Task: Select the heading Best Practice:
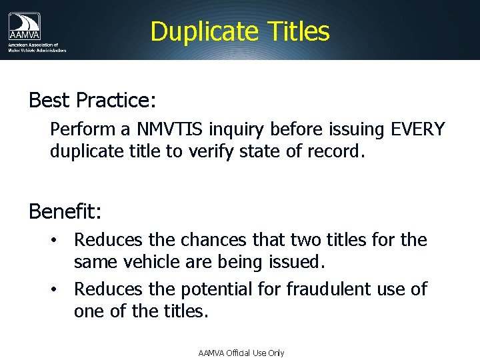click(x=92, y=100)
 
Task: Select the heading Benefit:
click(x=65, y=211)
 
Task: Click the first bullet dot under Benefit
click(x=59, y=240)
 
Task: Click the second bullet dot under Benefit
click(x=59, y=289)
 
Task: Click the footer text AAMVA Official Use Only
click(x=241, y=353)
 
